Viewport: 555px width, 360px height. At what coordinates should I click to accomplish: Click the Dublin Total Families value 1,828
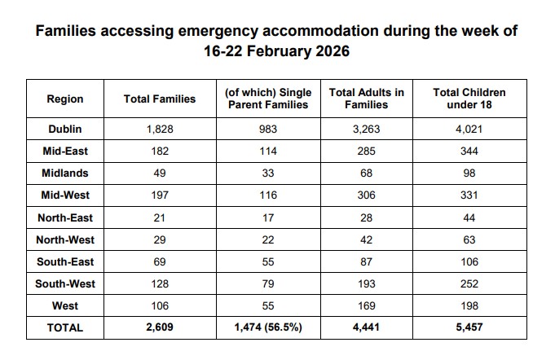pos(159,130)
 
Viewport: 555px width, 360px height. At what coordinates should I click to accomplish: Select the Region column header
pos(65,99)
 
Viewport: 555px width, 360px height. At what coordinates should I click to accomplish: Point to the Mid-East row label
pos(65,151)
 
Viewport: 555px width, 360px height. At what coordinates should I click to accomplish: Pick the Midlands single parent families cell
pos(268,173)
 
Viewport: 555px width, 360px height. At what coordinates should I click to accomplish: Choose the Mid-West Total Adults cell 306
pos(366,195)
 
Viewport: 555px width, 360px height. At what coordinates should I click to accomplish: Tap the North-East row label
pos(65,217)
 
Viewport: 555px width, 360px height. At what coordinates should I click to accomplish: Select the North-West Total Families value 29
pos(159,239)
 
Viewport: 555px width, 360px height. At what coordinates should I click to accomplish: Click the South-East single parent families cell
pos(268,261)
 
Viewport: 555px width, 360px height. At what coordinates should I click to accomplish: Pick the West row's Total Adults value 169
pos(366,305)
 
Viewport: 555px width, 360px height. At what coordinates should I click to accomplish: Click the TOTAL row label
pos(65,328)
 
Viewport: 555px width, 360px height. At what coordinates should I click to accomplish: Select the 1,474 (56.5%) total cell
pos(268,328)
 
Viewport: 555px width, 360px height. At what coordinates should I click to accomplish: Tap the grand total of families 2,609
pos(159,328)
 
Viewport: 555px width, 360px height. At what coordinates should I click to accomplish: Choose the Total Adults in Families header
pos(366,99)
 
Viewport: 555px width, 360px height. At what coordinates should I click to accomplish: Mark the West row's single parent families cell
pos(268,305)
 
